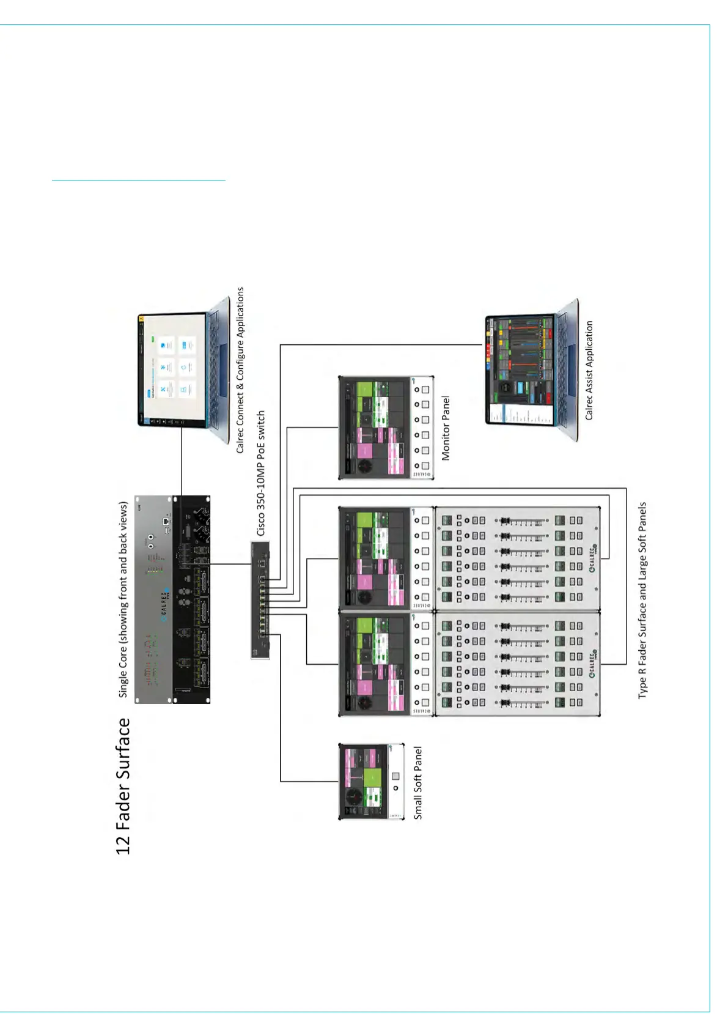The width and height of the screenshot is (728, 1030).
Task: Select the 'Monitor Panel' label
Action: pyautogui.click(x=446, y=428)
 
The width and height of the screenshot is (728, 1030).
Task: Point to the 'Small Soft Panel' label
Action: pyautogui.click(x=418, y=782)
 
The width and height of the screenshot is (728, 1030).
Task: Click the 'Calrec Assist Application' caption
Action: pyautogui.click(x=589, y=370)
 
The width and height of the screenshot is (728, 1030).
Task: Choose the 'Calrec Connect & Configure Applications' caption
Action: pyautogui.click(x=240, y=370)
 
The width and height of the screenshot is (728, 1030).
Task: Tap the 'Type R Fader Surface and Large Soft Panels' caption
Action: pyautogui.click(x=642, y=600)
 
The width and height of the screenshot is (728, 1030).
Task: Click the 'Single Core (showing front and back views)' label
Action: pyautogui.click(x=123, y=599)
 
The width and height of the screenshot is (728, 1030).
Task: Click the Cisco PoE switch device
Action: pyautogui.click(x=260, y=599)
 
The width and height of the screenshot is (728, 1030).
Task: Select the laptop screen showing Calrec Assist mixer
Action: pyautogui.click(x=520, y=369)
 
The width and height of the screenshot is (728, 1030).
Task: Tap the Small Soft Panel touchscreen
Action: pyautogui.click(x=364, y=782)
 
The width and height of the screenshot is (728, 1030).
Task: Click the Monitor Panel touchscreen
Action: pyautogui.click(x=373, y=428)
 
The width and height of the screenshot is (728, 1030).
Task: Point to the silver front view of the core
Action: pyautogui.click(x=153, y=599)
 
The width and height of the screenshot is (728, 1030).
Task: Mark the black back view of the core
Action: pyautogui.click(x=192, y=599)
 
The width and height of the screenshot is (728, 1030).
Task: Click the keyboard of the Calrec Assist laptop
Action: pyautogui.click(x=565, y=369)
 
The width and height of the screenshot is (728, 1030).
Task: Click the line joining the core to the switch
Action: pyautogui.click(x=231, y=564)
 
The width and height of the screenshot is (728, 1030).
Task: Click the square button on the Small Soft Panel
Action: pyautogui.click(x=395, y=776)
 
